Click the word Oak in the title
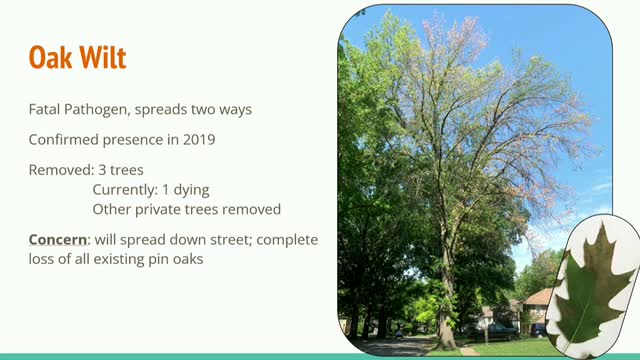pyautogui.click(x=49, y=57)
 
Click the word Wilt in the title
pyautogui.click(x=103, y=57)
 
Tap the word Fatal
pyautogui.click(x=46, y=109)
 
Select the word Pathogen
pyautogui.click(x=104, y=109)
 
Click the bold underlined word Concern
pyautogui.click(x=58, y=240)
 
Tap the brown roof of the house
pyautogui.click(x=538, y=299)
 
